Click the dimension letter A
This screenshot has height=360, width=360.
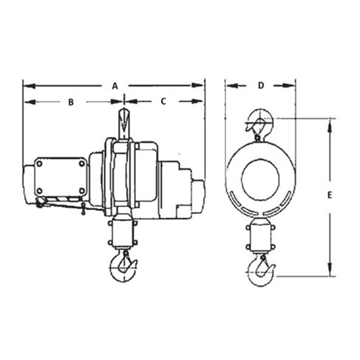point(115,86)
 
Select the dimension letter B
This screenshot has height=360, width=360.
point(71,102)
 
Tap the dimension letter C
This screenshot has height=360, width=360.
point(163,101)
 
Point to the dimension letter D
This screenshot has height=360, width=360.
point(261,85)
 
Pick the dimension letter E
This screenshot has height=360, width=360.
point(330,196)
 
